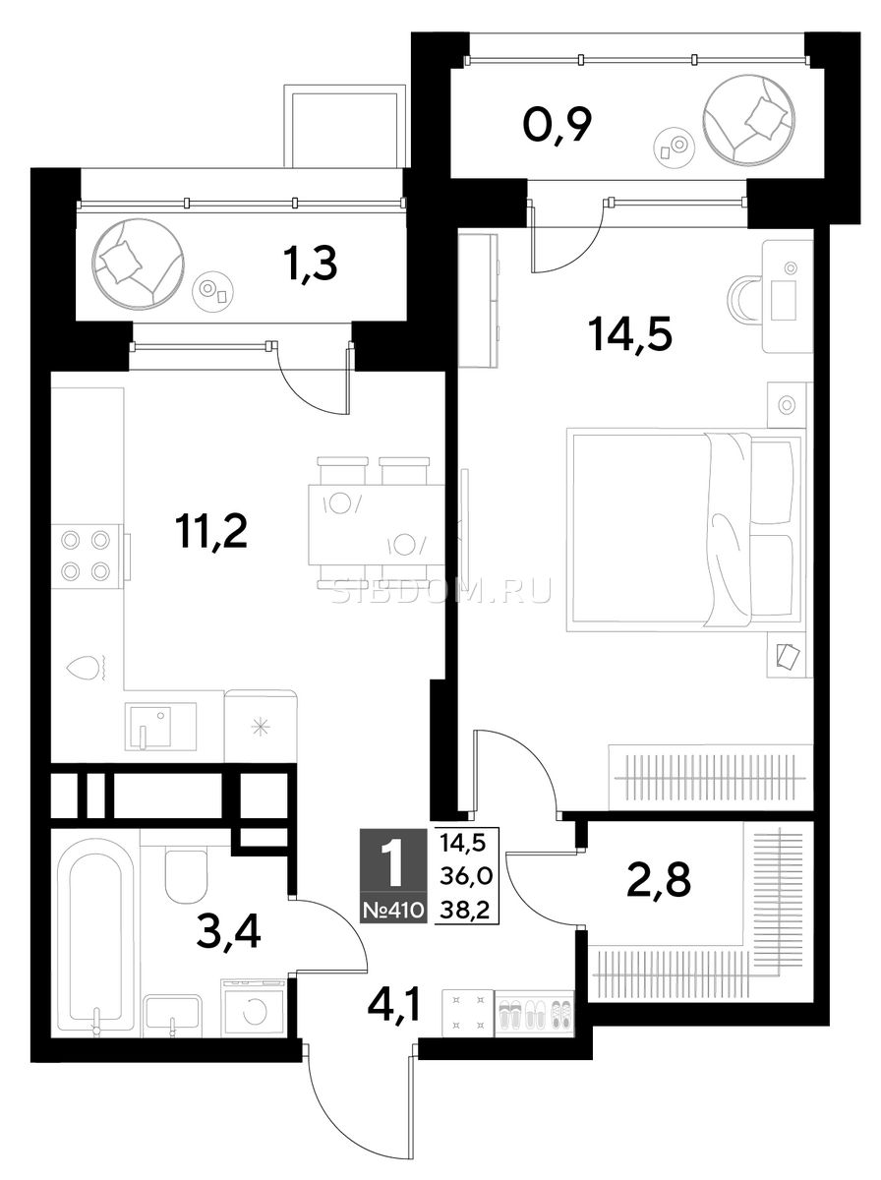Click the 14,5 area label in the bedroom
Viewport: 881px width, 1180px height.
(631, 333)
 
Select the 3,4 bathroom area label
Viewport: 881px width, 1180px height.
(228, 933)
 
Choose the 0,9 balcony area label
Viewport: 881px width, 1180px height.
(558, 125)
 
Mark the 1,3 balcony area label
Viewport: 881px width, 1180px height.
(312, 264)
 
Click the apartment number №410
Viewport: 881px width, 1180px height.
(394, 910)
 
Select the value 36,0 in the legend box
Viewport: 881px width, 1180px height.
(466, 877)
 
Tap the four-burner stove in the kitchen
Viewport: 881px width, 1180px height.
(86, 556)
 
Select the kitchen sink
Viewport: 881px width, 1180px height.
(160, 727)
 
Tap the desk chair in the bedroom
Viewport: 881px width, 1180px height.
(744, 298)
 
